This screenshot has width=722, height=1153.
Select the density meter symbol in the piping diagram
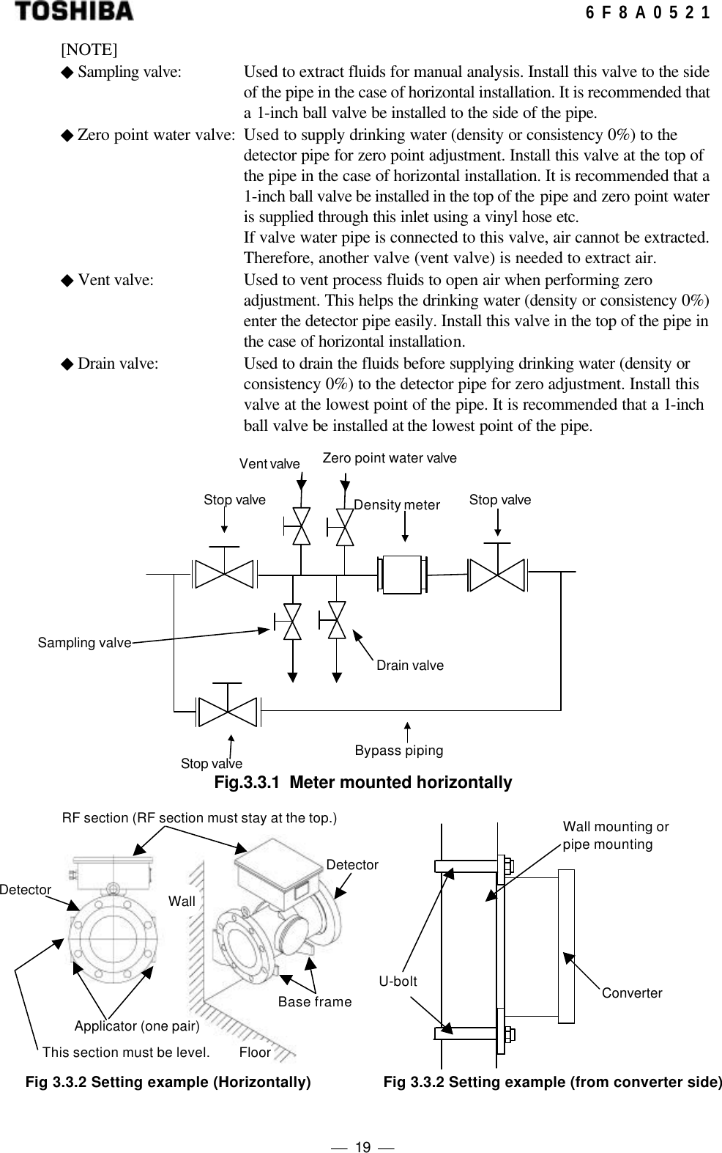point(401,574)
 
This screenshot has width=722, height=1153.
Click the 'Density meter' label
point(397,505)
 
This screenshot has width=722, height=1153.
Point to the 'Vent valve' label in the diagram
point(269,464)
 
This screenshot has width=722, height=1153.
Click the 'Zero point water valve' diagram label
point(390,458)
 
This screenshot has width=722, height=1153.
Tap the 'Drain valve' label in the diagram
point(409,666)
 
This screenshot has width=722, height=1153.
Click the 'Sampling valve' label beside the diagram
point(84,643)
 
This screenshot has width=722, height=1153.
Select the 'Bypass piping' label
point(399,751)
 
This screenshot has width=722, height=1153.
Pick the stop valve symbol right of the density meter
point(497,574)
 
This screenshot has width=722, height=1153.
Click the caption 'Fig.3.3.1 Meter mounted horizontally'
point(362,783)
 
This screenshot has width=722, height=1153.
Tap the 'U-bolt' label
point(398,981)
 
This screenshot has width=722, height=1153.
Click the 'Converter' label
point(632,993)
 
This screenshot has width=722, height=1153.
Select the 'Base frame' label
point(315,1002)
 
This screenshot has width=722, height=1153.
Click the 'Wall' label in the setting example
point(182,902)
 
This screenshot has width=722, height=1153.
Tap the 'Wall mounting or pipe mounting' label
point(615,836)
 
